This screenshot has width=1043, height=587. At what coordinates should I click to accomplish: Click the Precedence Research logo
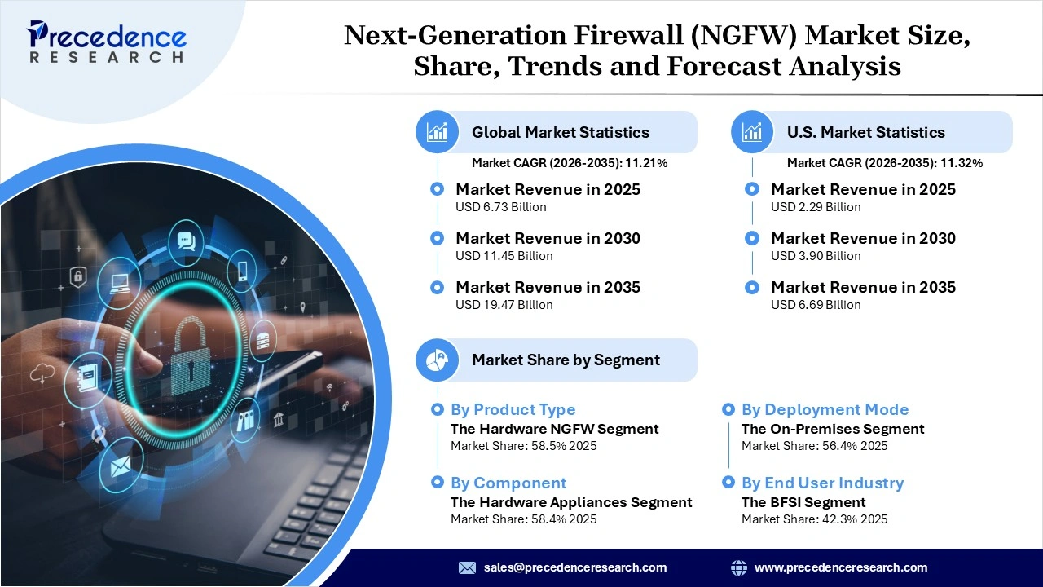[x=107, y=42]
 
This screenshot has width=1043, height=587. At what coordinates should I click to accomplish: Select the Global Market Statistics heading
[x=560, y=132]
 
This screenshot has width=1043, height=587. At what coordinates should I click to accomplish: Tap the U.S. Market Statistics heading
[x=865, y=132]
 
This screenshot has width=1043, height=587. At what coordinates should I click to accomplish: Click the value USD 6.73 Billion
[x=500, y=207]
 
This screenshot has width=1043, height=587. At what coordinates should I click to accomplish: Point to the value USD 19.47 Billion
[x=504, y=305]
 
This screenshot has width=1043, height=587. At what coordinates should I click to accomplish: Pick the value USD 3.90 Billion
[x=816, y=256]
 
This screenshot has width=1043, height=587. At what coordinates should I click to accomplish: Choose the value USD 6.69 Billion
[x=816, y=305]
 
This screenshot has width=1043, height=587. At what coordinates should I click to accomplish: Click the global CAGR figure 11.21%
[x=646, y=163]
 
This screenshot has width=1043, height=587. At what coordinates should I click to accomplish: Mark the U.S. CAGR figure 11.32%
[x=962, y=163]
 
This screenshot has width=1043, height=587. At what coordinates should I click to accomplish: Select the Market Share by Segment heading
[x=566, y=360]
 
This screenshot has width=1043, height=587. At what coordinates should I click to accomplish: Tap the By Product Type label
[x=513, y=409]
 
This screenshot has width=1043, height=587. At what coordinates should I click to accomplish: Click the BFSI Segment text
[x=803, y=502]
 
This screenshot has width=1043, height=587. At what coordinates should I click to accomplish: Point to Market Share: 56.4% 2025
[x=814, y=446]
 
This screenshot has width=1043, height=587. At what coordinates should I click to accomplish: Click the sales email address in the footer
[x=574, y=567]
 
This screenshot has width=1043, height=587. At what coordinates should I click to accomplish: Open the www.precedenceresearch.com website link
[x=841, y=567]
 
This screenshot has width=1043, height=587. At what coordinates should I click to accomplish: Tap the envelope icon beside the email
[x=467, y=567]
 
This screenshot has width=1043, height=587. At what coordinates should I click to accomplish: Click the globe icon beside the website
[x=739, y=567]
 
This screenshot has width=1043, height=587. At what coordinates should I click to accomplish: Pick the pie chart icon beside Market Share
[x=438, y=360]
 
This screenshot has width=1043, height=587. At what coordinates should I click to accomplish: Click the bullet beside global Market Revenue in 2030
[x=438, y=238]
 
